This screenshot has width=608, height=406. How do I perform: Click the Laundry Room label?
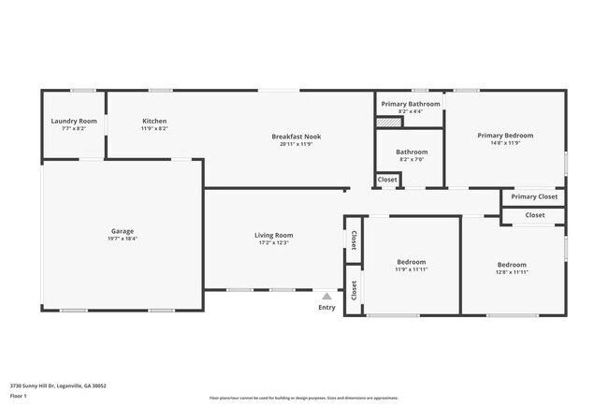[x=74, y=122]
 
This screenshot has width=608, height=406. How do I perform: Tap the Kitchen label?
[x=154, y=122]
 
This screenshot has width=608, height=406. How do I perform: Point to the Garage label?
[x=123, y=231]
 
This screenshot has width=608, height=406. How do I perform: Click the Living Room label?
[x=274, y=235]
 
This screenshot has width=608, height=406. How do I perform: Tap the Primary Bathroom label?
[x=411, y=104]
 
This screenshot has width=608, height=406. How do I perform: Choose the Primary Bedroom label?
[x=504, y=136]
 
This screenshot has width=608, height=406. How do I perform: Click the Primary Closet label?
[x=534, y=196]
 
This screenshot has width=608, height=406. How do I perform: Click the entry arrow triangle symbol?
[x=326, y=296]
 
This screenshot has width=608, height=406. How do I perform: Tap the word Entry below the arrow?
[x=326, y=307]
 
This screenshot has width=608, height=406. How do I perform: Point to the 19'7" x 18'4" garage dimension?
[x=123, y=239]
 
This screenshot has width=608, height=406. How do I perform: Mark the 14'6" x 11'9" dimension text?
[x=504, y=143]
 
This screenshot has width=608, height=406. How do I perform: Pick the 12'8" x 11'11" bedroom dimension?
[x=512, y=272]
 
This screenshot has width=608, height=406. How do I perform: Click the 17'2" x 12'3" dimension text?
[x=274, y=242]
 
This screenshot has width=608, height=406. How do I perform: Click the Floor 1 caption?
[x=18, y=396]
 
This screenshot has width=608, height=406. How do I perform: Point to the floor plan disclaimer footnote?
[x=303, y=399]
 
